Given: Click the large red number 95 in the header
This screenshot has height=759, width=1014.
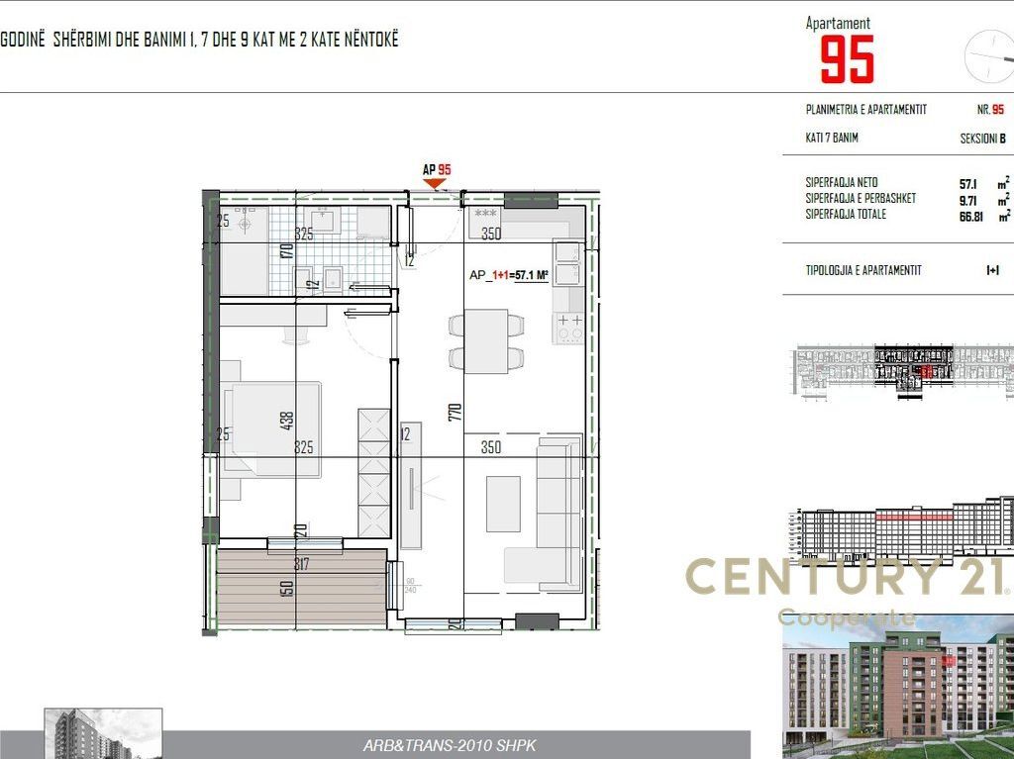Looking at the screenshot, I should [x=848, y=59].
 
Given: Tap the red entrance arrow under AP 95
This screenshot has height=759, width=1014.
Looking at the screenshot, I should [x=435, y=182].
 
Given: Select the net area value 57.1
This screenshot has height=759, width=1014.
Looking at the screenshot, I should [x=968, y=184].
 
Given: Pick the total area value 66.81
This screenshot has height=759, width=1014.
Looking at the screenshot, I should [x=971, y=215].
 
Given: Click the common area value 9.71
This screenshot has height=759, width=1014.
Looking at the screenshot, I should [x=968, y=199].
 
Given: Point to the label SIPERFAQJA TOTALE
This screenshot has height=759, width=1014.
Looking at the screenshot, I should [x=846, y=215].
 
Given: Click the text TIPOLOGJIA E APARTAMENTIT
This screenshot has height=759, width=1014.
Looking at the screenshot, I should [x=863, y=269].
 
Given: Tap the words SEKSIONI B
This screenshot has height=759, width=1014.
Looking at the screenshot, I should [x=982, y=140].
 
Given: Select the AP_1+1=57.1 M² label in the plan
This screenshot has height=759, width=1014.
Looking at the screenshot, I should [x=509, y=276].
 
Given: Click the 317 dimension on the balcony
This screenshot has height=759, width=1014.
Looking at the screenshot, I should [x=302, y=565].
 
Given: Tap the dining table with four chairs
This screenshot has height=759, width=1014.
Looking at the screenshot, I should [x=486, y=340].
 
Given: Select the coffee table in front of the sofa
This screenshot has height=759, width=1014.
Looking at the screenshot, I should [x=503, y=504].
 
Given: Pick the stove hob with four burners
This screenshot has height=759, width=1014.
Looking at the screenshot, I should [x=569, y=328].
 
